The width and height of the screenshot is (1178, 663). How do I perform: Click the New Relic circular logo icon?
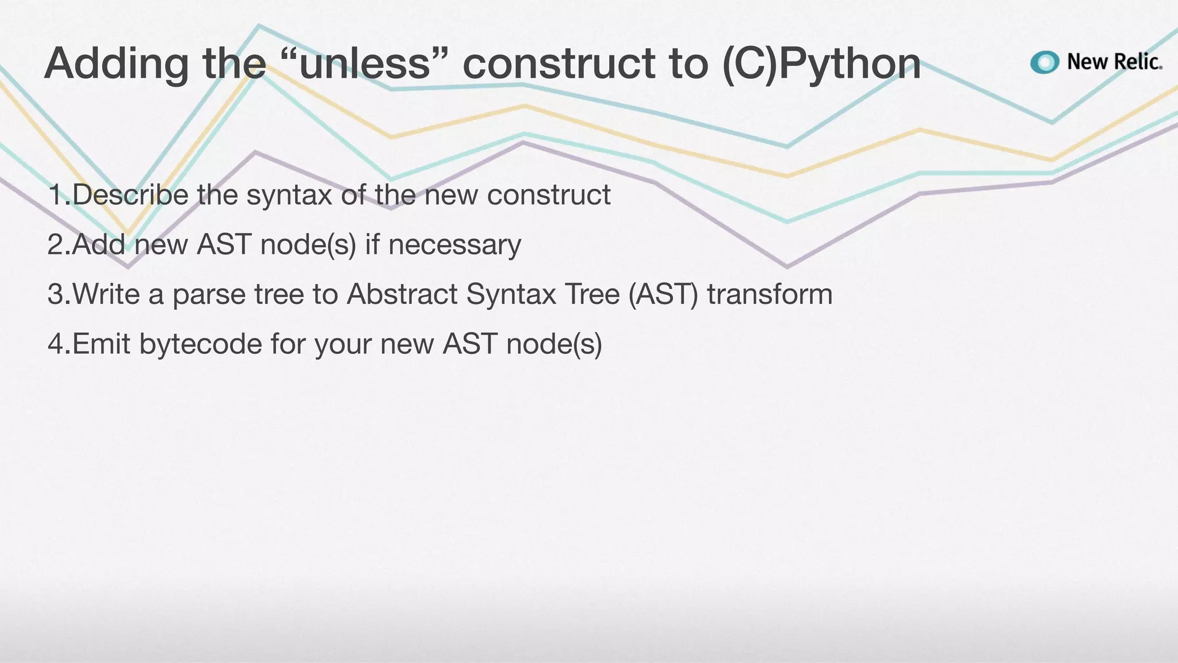pos(1045,62)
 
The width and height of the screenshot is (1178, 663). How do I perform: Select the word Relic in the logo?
pos(1137,62)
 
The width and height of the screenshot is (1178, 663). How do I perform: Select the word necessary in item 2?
pos(454,245)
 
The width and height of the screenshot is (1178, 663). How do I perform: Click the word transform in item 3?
pos(770,295)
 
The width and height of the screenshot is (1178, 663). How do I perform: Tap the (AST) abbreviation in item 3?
pos(663,295)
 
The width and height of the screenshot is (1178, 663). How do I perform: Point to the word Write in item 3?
pos(106,295)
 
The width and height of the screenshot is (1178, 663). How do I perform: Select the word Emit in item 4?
pos(101,345)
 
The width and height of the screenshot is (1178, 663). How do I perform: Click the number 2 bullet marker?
pos(56,245)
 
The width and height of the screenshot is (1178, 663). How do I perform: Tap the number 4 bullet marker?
pos(56,345)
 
